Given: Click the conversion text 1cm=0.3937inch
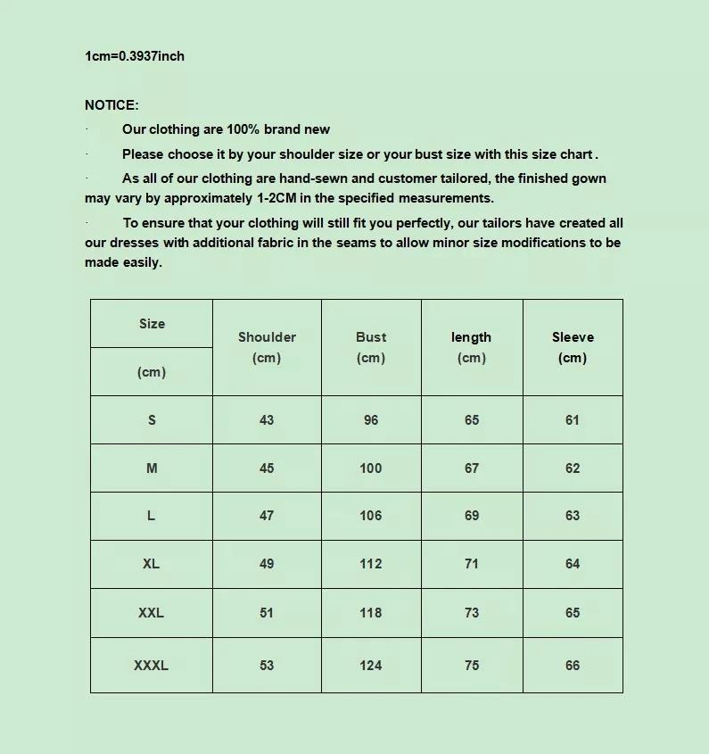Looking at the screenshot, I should pos(135,56).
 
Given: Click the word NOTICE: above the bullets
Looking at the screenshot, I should pos(111,105).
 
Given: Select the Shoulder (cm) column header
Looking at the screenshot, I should pos(267,347).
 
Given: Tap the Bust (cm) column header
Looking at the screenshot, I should pos(371,347).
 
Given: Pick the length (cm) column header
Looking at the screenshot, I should pos(471,347).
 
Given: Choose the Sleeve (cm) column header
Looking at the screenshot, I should pos(573,347).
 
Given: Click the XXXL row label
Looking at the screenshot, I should pos(151,665).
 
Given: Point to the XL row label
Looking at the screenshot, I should pos(151,564).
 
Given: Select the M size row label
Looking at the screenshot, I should pos(152,468).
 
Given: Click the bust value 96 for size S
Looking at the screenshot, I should pos(371,420).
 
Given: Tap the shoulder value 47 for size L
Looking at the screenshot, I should pos(267,516).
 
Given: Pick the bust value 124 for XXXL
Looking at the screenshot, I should pos(371,665).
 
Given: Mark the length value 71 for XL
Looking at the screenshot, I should pos(472,564).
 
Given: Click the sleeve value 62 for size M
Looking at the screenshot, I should pos(573,468).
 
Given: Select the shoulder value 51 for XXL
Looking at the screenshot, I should pos(267,613).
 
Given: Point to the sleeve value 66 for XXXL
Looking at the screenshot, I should pos(573,665).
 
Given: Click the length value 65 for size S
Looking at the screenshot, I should pos(472,420).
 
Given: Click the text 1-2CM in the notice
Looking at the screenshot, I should pos(277,198).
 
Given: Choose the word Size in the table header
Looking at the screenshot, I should pos(152,324).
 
